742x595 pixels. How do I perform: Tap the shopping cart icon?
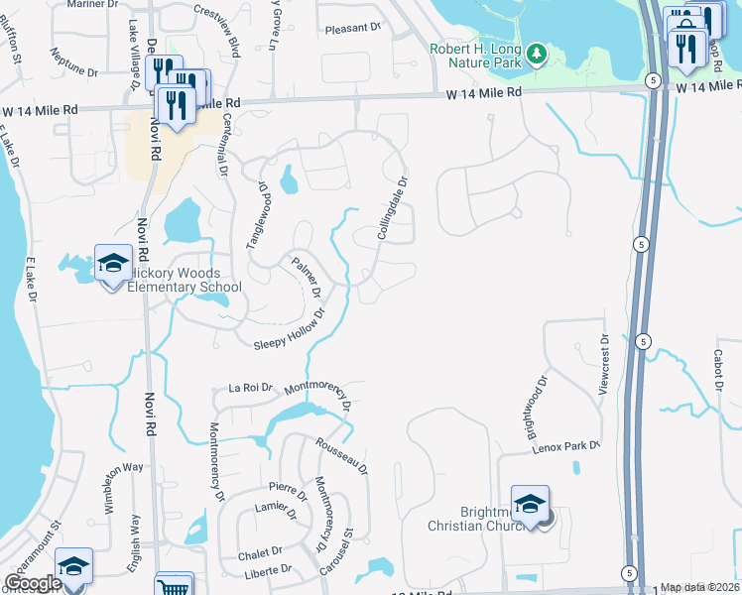(x=174, y=586)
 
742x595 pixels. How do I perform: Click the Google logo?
(x=34, y=583)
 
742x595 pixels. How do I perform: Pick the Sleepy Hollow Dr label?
(x=290, y=331)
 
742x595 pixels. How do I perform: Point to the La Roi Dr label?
(x=250, y=388)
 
